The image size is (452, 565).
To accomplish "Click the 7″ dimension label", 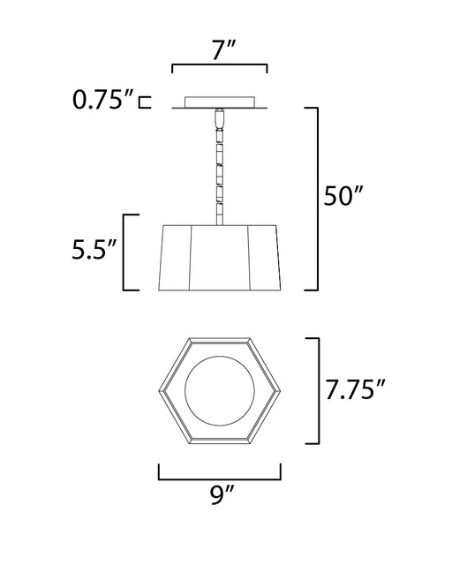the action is pyautogui.click(x=223, y=50).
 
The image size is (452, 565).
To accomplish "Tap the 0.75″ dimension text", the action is pyautogui.click(x=103, y=100).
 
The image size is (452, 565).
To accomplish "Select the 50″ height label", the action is pyautogui.click(x=342, y=196).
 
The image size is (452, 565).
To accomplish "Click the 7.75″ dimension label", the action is pyautogui.click(x=356, y=389).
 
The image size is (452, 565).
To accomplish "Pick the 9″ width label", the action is pyautogui.click(x=222, y=494).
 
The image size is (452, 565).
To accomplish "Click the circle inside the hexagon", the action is pyautogui.click(x=220, y=390).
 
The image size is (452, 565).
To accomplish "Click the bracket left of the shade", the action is pyautogui.click(x=124, y=252).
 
